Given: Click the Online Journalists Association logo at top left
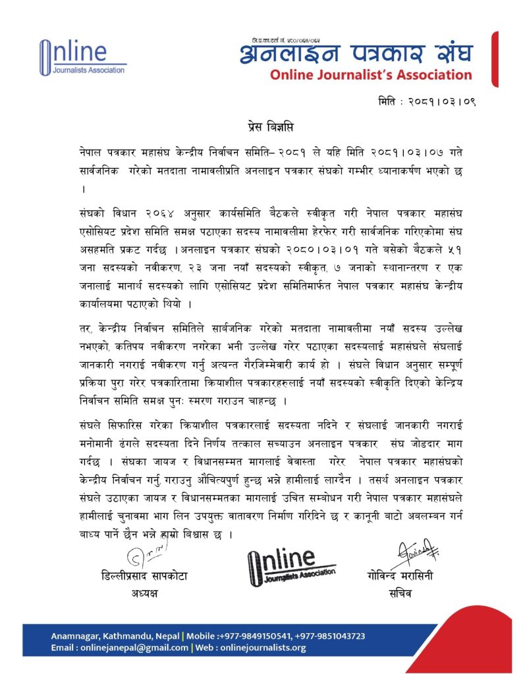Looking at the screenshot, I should point(82,57).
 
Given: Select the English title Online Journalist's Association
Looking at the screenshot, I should point(370,75).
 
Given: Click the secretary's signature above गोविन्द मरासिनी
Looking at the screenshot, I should point(411,552).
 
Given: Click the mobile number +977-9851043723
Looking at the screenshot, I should point(329,636).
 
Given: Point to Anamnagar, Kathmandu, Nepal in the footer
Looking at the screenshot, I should point(115,636).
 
